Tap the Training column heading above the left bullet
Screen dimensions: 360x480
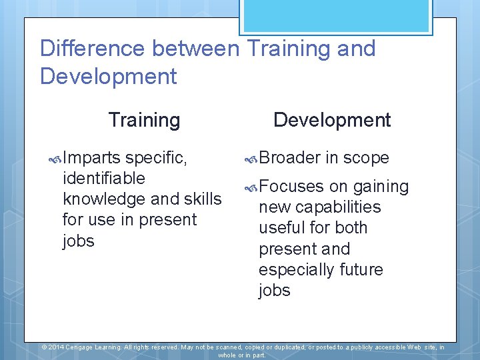click(x=144, y=120)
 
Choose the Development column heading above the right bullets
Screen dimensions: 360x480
click(x=332, y=120)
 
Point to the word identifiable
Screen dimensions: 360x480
click(x=103, y=179)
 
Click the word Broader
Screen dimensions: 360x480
click(x=289, y=158)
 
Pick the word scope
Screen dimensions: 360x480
click(x=367, y=158)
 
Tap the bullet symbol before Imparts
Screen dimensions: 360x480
click(x=56, y=159)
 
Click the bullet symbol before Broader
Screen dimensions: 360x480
click(x=251, y=159)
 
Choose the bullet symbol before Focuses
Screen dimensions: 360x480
click(x=251, y=187)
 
